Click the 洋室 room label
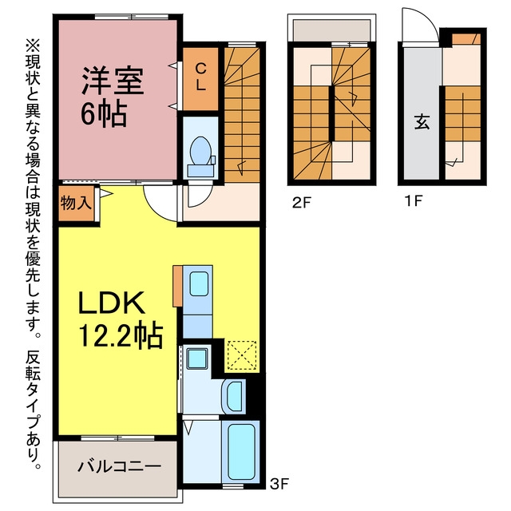point(113,81)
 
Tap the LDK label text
point(112,303)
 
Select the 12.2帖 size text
point(121,335)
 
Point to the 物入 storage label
point(76,204)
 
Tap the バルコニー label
point(119,466)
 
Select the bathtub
point(241,451)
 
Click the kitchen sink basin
point(199,284)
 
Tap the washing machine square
point(196,358)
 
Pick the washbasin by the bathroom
point(234,396)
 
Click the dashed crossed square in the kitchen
point(242,355)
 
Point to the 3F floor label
point(279,484)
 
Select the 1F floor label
point(414,200)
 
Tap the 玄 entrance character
point(422,121)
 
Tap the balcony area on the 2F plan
point(331,30)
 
